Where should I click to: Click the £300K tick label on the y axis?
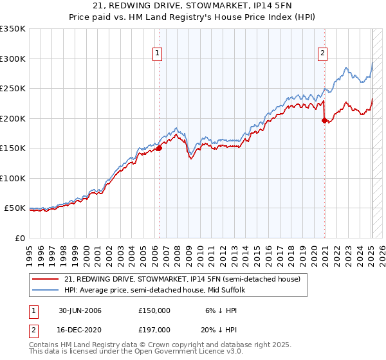tap(13, 59)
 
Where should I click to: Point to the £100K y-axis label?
tap(13, 178)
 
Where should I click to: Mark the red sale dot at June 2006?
tap(159, 148)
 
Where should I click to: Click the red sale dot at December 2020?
tap(324, 120)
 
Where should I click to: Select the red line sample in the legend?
tap(46, 280)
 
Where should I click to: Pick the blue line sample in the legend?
tap(46, 291)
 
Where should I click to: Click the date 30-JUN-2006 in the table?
tap(80, 310)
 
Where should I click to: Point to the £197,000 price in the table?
tap(154, 329)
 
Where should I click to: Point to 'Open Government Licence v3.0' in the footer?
tap(186, 352)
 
